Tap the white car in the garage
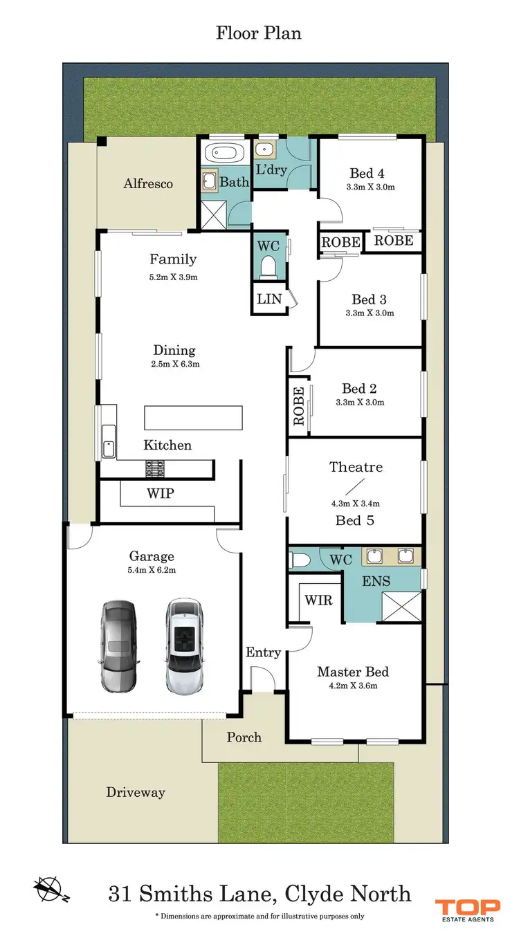coord(185,646)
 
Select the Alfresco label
coord(148,184)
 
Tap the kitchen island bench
coord(193,418)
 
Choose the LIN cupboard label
coord(268,300)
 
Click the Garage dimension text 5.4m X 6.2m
coord(152,571)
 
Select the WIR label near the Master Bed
coord(318,600)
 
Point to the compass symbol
coord(48,888)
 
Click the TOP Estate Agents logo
coord(465,910)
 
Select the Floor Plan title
coord(259,33)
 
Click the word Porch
coord(244,737)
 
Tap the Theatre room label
coord(356,467)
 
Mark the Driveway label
coord(136,792)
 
